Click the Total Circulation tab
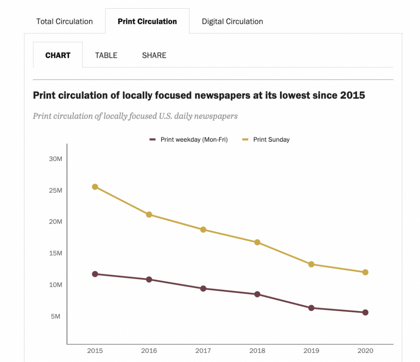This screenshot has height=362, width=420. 64,21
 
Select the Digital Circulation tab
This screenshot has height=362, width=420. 232,21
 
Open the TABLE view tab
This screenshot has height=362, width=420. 106,55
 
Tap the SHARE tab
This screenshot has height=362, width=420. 154,55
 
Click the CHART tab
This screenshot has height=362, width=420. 58,55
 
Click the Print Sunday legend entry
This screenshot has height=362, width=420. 271,140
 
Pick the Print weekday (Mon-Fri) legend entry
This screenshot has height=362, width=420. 194,140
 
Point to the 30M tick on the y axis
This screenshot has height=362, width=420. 55,159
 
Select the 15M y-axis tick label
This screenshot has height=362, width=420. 55,253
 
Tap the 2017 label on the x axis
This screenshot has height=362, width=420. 203,351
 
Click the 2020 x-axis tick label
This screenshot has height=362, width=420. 365,351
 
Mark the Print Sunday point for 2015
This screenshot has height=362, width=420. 95,187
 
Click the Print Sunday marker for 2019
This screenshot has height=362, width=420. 311,264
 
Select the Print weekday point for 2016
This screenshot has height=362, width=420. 149,279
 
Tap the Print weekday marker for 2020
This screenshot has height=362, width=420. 365,312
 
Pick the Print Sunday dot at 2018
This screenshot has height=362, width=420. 257,242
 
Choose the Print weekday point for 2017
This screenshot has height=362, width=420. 203,288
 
